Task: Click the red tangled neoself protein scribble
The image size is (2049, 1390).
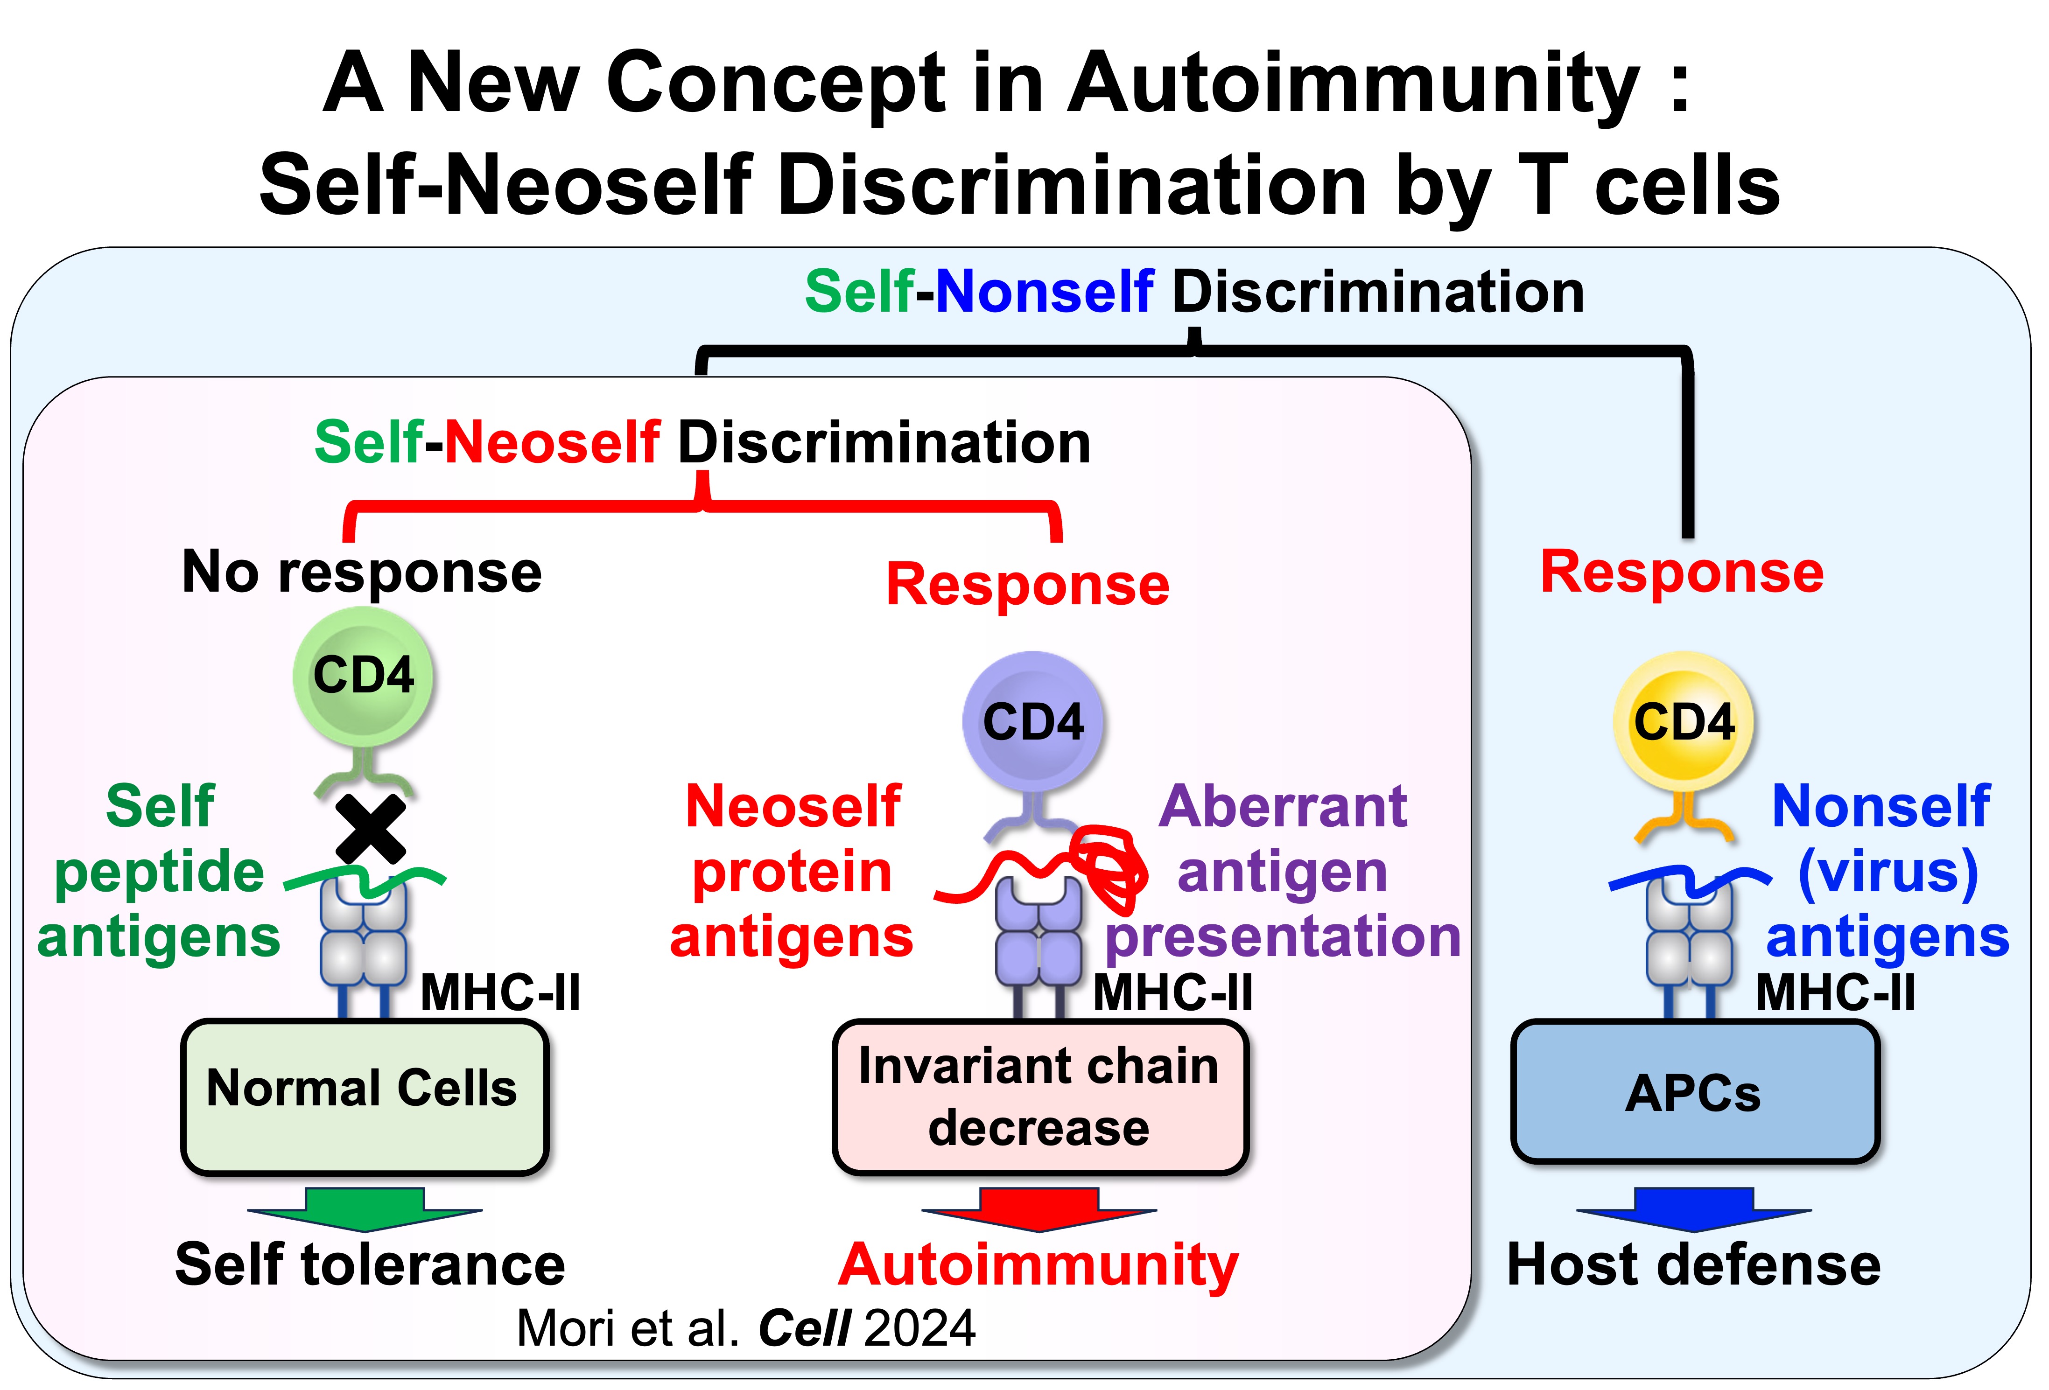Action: pos(1107,868)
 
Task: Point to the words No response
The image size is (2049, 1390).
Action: pos(361,573)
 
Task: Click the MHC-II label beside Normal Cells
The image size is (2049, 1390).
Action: pos(500,993)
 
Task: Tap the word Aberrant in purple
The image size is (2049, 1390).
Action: pos(1283,806)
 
